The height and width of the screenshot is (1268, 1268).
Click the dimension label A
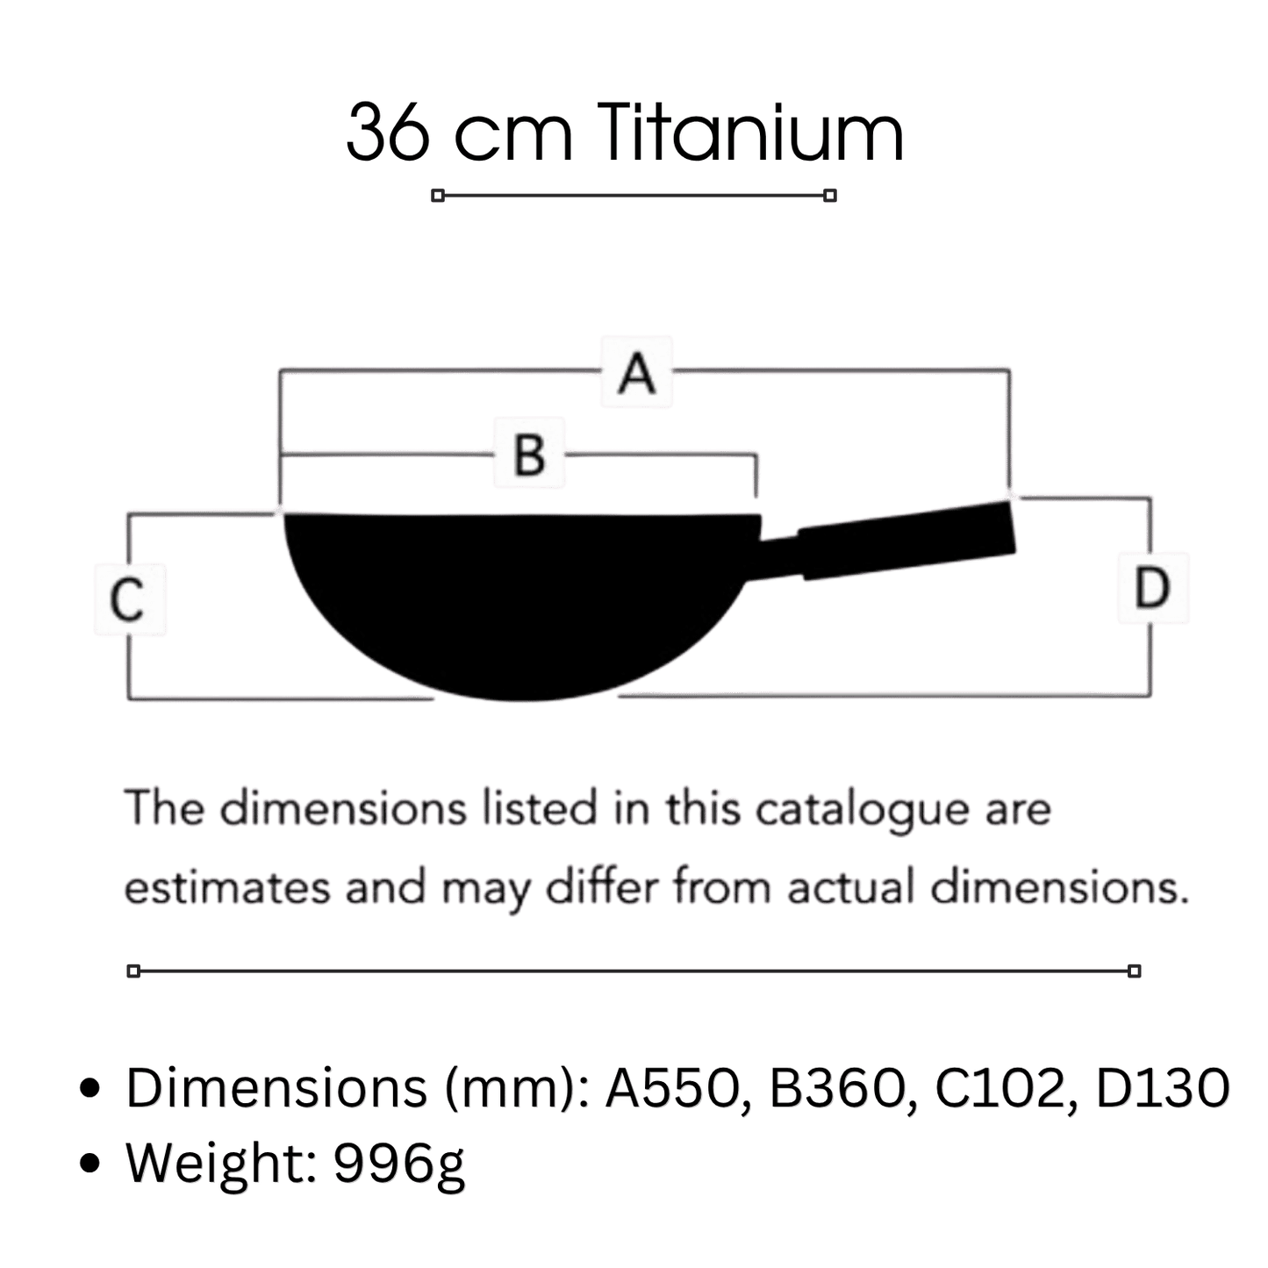coord(636,373)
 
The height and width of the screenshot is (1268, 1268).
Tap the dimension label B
coord(530,455)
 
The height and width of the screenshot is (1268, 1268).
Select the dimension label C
coord(127,599)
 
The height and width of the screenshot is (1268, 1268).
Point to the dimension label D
coord(1152,588)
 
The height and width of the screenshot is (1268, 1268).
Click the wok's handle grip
coord(906,540)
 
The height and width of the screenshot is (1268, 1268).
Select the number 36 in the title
coord(388,133)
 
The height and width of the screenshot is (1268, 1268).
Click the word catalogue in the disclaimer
coord(863,811)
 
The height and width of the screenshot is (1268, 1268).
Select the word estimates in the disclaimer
coord(228,888)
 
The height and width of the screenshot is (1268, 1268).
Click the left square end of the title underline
coord(438,196)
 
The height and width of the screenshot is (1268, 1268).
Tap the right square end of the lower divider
coord(1134,971)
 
